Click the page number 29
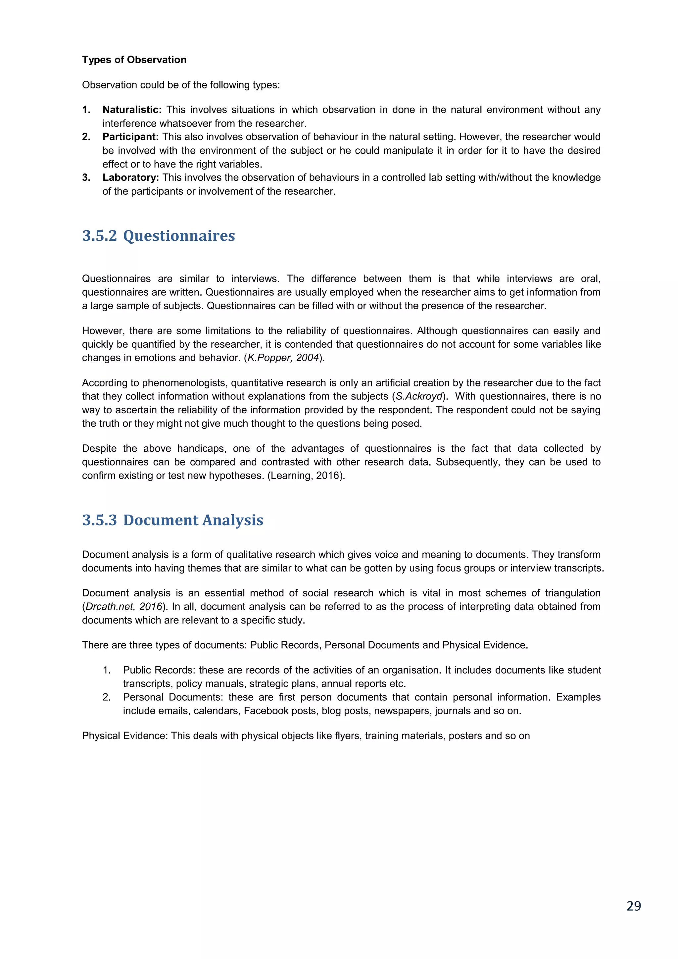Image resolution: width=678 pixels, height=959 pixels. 633,906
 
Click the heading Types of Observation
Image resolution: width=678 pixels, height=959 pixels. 134,60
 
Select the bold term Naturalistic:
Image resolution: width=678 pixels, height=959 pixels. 132,110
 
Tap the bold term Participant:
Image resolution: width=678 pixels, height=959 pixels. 130,137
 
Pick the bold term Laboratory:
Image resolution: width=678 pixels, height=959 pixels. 131,177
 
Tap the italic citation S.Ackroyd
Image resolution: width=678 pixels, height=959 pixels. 419,396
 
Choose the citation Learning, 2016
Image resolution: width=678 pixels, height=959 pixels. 306,476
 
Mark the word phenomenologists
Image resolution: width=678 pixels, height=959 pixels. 185,383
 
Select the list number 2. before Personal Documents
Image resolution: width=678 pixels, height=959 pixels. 107,697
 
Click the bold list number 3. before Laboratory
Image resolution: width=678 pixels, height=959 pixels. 86,177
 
